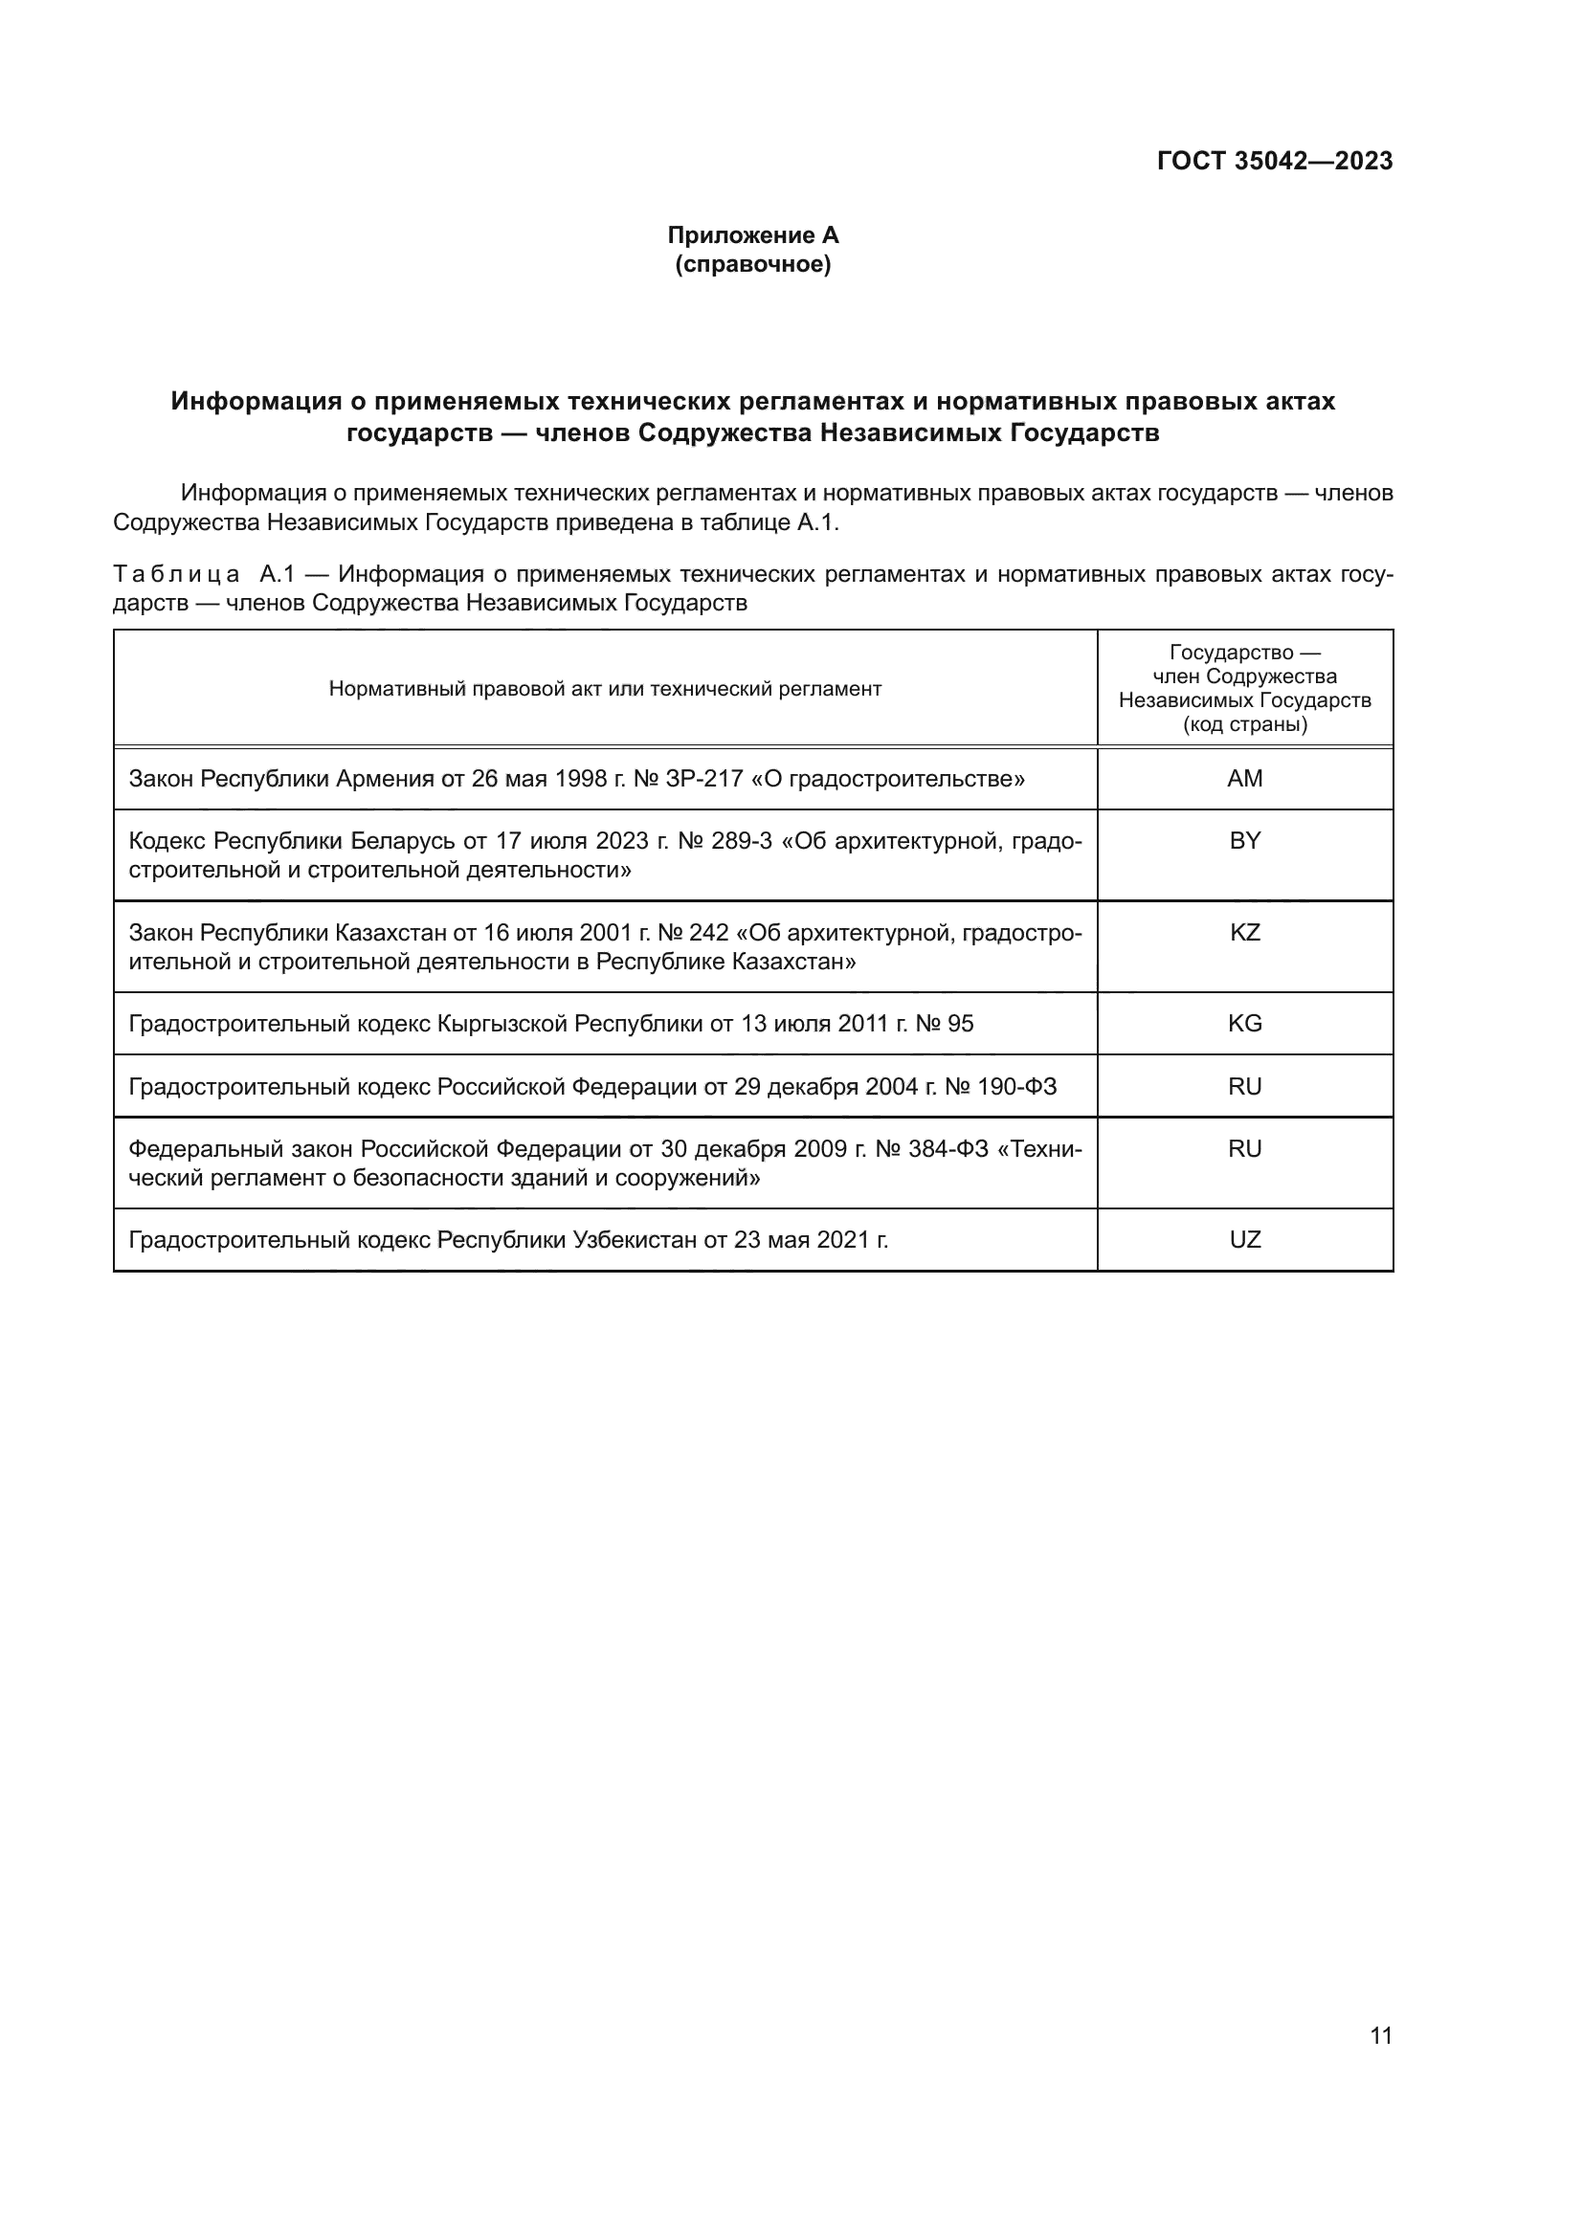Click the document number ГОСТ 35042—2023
[1274, 162]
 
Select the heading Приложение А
[752, 235]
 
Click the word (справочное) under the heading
[752, 265]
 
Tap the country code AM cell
[1245, 779]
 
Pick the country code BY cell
[1245, 841]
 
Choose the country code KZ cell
[1245, 933]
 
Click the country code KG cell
[1245, 1024]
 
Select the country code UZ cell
[1245, 1240]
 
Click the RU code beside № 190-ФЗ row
[1245, 1087]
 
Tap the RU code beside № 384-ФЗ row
[1245, 1149]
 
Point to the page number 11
[1380, 2036]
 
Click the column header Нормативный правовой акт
[604, 689]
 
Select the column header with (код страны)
[1245, 689]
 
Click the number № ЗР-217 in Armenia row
[687, 779]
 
